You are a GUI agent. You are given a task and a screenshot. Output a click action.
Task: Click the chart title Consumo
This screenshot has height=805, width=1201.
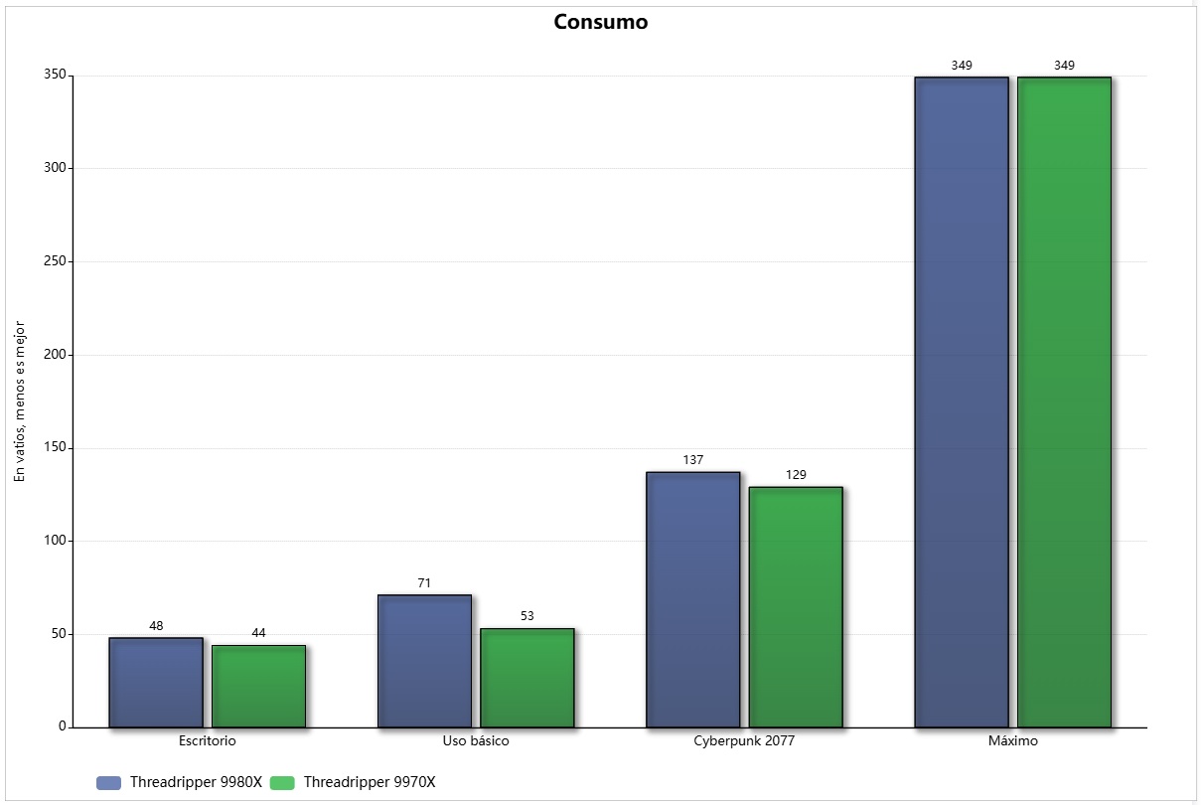(600, 22)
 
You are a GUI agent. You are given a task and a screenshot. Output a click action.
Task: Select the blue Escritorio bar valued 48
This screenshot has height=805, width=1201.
(156, 683)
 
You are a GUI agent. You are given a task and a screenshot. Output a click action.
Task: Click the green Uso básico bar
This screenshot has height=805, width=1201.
(526, 678)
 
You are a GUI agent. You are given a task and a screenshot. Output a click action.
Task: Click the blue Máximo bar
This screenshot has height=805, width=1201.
(961, 402)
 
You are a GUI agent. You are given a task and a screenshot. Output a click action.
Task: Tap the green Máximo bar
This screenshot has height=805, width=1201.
(1064, 402)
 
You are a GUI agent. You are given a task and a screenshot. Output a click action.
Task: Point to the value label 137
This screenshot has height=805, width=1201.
(692, 460)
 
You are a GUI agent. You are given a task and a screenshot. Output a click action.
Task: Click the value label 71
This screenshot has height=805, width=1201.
(424, 583)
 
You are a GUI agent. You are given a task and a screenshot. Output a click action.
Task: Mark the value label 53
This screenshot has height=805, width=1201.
(526, 616)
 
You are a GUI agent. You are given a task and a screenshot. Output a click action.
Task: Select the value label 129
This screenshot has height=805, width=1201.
(796, 475)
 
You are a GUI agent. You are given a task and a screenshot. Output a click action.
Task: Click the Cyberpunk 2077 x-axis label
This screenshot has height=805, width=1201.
(744, 741)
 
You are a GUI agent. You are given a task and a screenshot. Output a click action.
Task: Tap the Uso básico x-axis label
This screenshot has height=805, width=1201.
(476, 741)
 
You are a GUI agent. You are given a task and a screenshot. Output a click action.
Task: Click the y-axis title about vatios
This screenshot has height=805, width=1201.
(19, 402)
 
